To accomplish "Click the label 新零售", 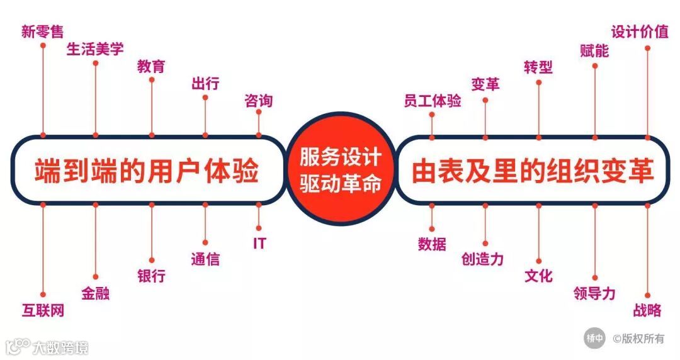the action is click(42, 31).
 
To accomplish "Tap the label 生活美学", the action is click(95, 49).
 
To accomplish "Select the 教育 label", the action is click(151, 67).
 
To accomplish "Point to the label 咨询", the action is click(258, 101).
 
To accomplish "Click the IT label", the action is click(259, 244).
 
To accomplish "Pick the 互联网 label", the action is click(43, 310).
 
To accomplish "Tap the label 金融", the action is click(95, 293).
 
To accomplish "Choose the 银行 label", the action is click(151, 276).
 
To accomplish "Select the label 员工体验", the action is click(432, 101).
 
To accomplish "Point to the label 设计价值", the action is click(640, 31).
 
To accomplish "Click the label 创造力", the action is click(482, 259).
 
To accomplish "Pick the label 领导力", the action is click(594, 293).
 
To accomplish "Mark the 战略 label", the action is click(647, 310).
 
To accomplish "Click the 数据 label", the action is click(432, 244).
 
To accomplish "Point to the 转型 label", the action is click(538, 67).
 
